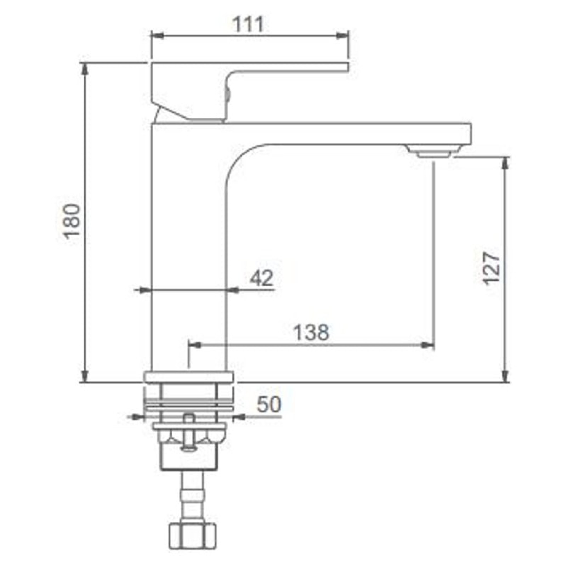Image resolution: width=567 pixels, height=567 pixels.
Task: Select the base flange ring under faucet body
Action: [190, 377]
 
